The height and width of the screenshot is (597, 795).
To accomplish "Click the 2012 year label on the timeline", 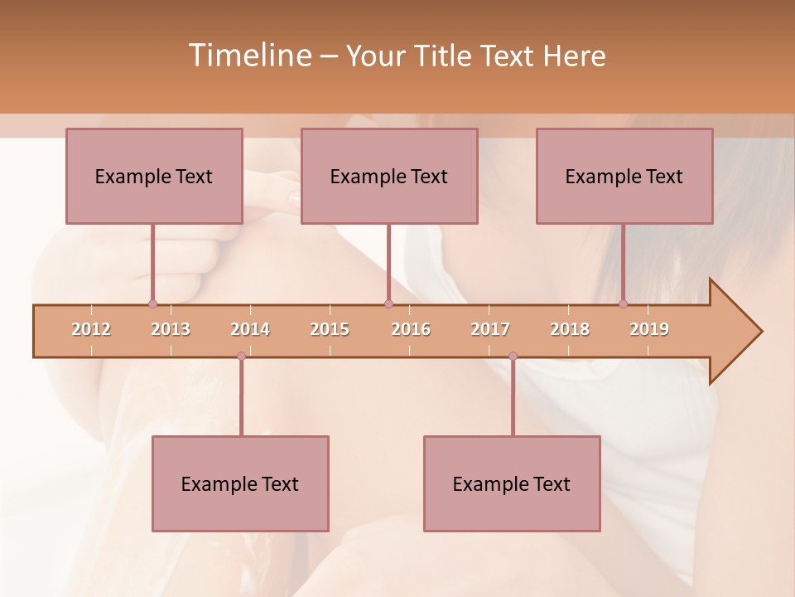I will pyautogui.click(x=91, y=329).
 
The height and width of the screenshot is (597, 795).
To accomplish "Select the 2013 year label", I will pyautogui.click(x=171, y=329).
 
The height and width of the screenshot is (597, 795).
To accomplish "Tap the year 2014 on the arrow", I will pyautogui.click(x=250, y=329).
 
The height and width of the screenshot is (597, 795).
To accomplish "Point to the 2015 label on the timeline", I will pyautogui.click(x=330, y=329).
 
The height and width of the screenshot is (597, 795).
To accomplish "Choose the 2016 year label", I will pyautogui.click(x=411, y=329).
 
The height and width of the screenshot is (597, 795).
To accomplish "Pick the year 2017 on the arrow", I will pyautogui.click(x=490, y=329).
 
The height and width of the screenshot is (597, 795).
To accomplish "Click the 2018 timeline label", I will pyautogui.click(x=570, y=329).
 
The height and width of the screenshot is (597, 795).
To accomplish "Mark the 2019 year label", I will pyautogui.click(x=649, y=329).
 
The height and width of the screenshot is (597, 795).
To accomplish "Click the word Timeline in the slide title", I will pyautogui.click(x=248, y=56).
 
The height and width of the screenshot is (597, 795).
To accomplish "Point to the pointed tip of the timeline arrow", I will pyautogui.click(x=760, y=332).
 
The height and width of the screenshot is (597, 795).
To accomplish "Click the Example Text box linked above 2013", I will pyautogui.click(x=154, y=176).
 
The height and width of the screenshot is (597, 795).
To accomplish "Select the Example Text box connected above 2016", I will pyautogui.click(x=389, y=176).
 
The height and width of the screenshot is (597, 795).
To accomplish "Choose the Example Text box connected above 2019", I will pyautogui.click(x=624, y=176).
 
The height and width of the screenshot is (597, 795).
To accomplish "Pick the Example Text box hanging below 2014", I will pyautogui.click(x=240, y=483).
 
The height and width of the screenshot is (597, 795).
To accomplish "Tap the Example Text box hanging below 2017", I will pyautogui.click(x=512, y=483).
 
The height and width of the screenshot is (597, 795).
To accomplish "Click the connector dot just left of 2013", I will pyautogui.click(x=152, y=304).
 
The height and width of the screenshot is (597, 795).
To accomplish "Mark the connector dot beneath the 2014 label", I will pyautogui.click(x=241, y=356).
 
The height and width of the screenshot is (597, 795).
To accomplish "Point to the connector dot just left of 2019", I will pyautogui.click(x=623, y=304).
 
